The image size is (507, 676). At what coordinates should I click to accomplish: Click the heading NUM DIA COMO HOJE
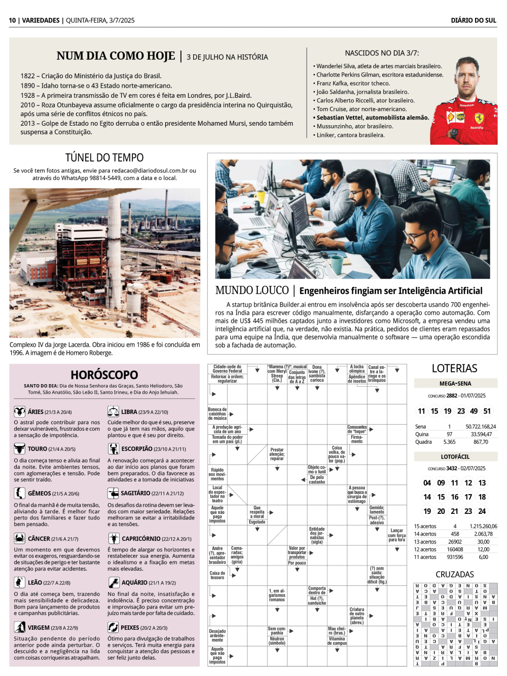click(x=116, y=56)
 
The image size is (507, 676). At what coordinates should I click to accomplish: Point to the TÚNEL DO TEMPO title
click(x=104, y=158)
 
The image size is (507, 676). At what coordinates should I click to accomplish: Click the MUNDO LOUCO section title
click(x=252, y=290)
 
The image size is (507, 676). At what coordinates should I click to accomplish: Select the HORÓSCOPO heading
click(x=104, y=375)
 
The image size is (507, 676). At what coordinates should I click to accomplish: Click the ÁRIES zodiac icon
click(x=19, y=411)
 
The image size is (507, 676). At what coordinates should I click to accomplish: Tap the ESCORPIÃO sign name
click(x=136, y=449)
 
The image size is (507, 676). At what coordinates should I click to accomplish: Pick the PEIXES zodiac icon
click(x=113, y=627)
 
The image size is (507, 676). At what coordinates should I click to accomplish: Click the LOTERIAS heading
click(x=454, y=368)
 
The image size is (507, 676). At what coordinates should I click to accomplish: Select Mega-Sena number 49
click(x=474, y=411)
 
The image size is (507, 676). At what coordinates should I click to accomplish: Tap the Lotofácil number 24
click(x=482, y=511)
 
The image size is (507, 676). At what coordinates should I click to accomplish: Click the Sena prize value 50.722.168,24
click(x=481, y=427)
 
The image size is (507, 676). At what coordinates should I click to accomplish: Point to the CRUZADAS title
click(x=454, y=574)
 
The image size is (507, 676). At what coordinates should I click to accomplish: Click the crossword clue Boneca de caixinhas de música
click(x=217, y=414)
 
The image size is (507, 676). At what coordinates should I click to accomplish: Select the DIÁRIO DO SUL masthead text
click(x=474, y=20)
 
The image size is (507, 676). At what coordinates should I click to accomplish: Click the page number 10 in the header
click(x=12, y=20)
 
